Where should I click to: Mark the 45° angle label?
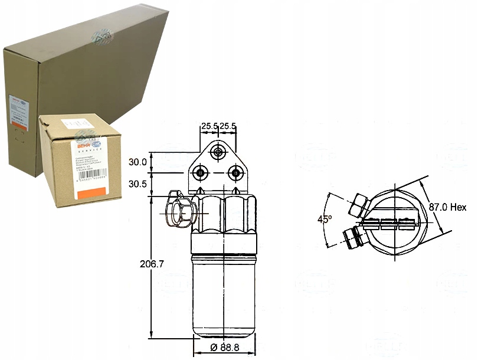coord(324,220)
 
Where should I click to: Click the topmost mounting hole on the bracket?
coord(219,153)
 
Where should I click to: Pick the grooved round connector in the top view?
coord(352,237)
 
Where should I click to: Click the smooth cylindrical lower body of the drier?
coord(224,295)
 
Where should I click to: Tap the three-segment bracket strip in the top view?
coord(388,223)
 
